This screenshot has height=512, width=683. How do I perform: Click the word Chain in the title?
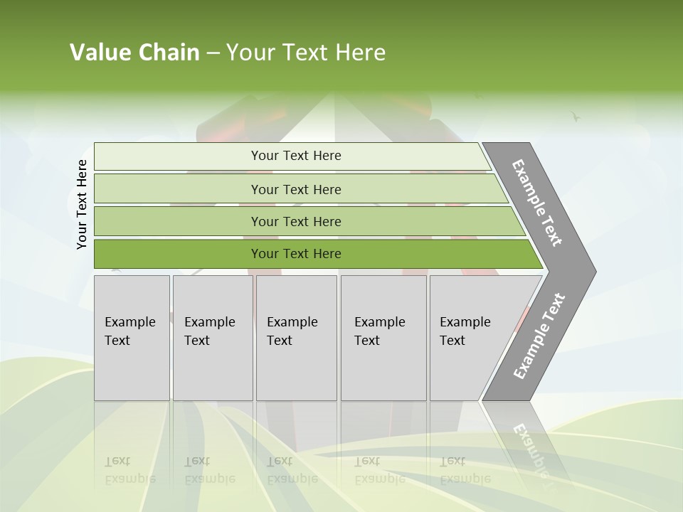[x=169, y=53]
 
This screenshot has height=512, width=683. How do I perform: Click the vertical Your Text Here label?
[x=82, y=204]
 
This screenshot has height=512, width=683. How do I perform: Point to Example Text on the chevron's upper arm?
[x=537, y=203]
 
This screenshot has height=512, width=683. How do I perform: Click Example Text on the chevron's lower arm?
[x=539, y=336]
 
